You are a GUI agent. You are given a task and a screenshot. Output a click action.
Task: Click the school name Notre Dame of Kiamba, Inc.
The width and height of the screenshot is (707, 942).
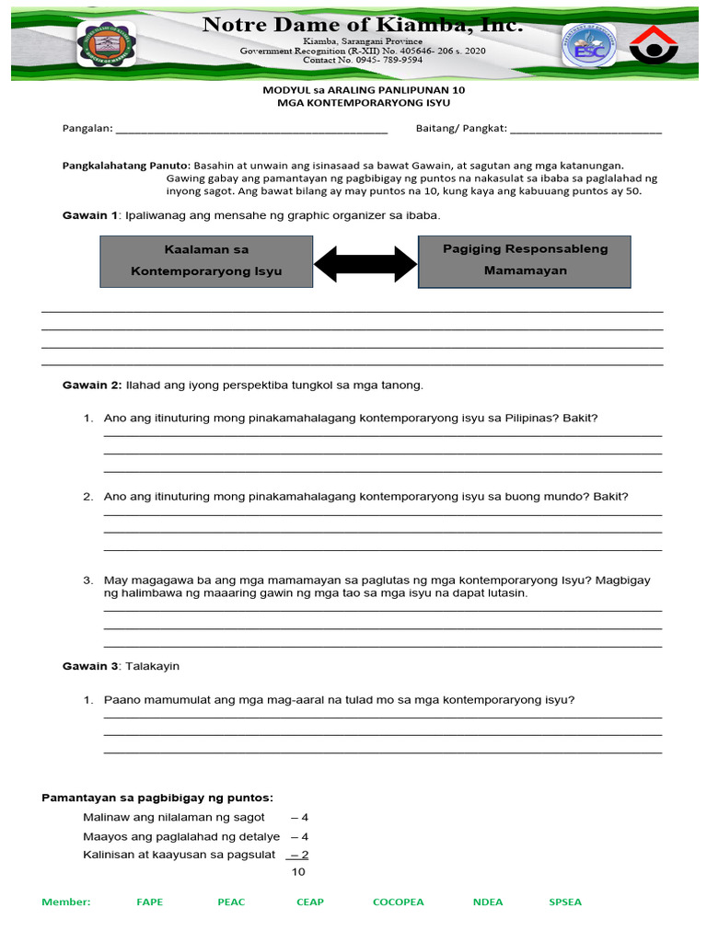click(x=362, y=26)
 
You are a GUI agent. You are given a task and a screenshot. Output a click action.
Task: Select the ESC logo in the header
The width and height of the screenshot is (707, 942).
click(x=589, y=45)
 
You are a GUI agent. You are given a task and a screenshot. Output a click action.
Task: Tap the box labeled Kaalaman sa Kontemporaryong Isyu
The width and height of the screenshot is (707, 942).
click(x=206, y=260)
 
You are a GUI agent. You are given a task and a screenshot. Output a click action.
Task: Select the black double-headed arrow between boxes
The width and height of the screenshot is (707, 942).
click(x=365, y=264)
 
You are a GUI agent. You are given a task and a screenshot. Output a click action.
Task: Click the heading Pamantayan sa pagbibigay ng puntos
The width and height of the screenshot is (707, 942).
click(x=157, y=798)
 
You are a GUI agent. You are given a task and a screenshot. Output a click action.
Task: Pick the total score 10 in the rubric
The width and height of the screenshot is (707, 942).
click(x=298, y=871)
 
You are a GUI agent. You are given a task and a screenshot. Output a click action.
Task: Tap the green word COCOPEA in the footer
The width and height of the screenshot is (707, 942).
click(x=398, y=902)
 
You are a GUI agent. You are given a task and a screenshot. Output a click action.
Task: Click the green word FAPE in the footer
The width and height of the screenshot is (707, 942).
click(x=149, y=902)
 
